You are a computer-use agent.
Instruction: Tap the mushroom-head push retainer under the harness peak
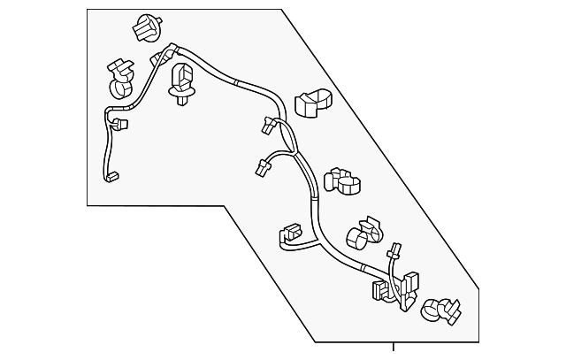coord(183,83)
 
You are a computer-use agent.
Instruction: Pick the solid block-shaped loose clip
coord(309,103)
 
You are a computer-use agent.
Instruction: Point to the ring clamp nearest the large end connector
coord(439,310)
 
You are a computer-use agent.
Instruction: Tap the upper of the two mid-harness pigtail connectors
coord(268,127)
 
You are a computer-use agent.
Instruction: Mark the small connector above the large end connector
coord(394,250)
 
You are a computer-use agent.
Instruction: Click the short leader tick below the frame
coord(394,346)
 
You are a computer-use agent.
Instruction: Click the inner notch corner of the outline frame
coord(225,206)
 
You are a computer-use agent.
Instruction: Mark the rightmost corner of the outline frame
coord(480,288)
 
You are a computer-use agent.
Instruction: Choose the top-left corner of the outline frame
coord(88,10)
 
